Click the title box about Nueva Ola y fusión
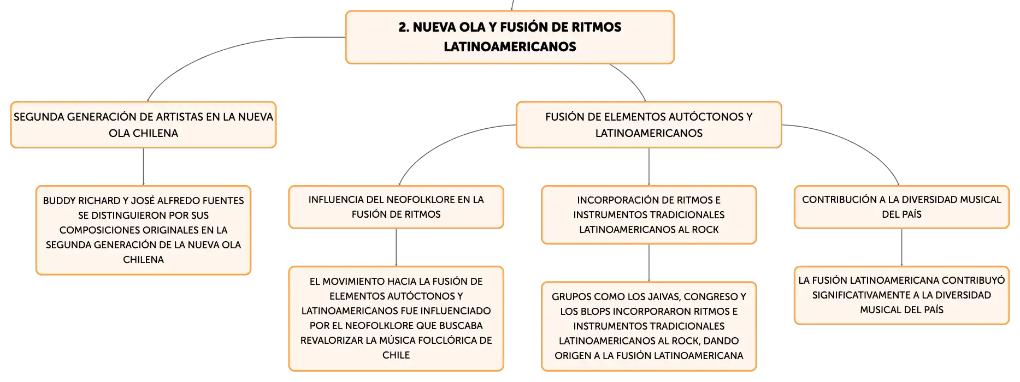(x=510, y=37)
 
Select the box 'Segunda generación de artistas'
(x=143, y=124)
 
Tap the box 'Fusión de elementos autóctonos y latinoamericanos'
(x=649, y=124)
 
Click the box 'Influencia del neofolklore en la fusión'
(x=396, y=207)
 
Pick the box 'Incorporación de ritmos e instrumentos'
(x=649, y=214)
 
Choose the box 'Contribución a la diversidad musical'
(x=901, y=207)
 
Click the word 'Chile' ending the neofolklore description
(x=396, y=355)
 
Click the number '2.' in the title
(x=404, y=27)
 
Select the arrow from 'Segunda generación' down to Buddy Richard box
(x=143, y=167)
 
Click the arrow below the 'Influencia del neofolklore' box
(x=396, y=248)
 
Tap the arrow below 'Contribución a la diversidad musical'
(x=901, y=248)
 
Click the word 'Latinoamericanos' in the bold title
(x=510, y=47)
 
